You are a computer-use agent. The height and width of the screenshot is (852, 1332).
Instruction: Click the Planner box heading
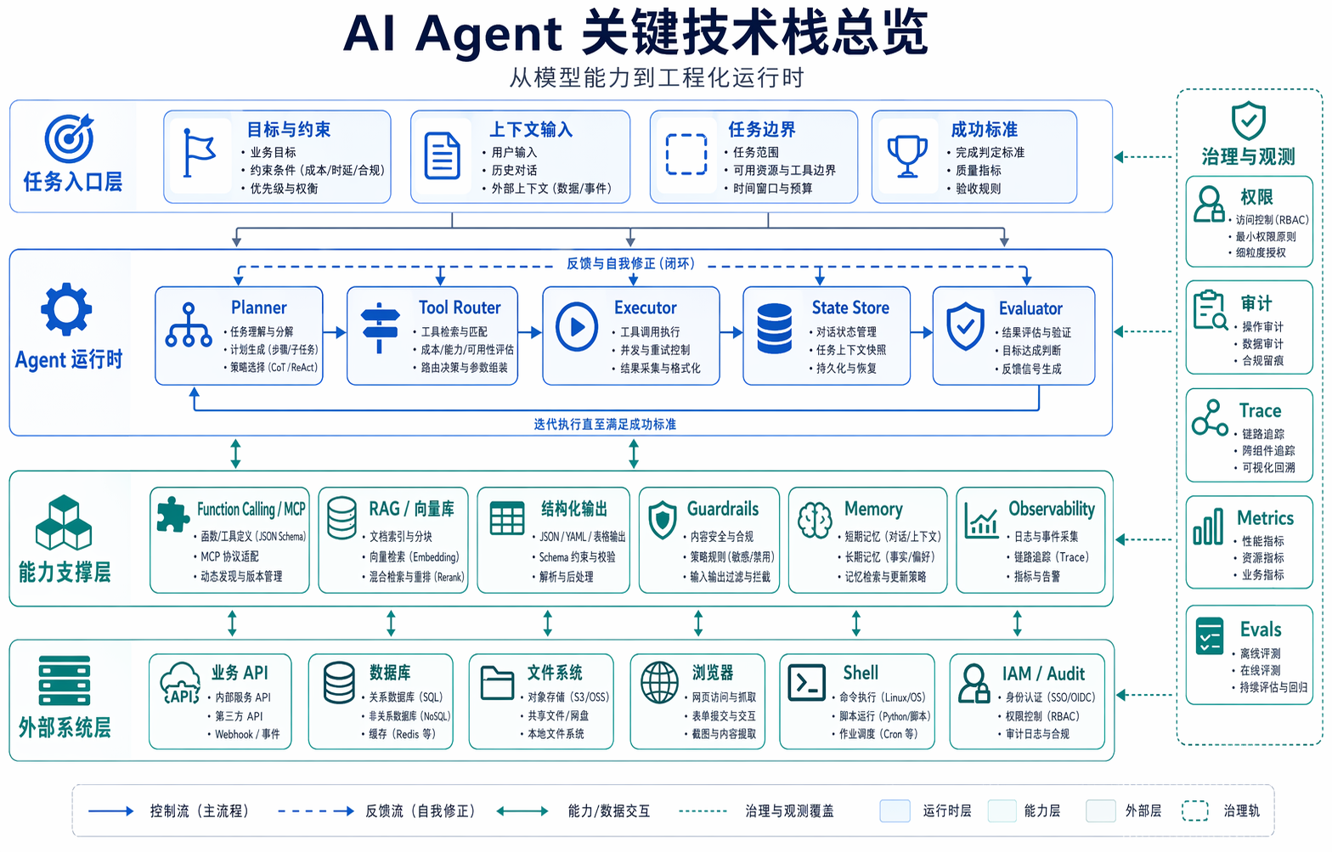258,308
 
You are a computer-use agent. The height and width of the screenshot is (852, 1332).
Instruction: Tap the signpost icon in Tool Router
380,328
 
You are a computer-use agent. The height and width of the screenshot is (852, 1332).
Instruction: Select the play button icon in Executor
577,327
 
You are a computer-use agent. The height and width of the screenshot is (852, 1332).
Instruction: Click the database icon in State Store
774,329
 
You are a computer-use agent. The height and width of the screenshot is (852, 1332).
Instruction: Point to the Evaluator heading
1030,308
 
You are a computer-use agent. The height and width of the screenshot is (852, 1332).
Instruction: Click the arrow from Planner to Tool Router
335,333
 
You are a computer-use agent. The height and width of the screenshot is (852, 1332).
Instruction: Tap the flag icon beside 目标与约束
200,155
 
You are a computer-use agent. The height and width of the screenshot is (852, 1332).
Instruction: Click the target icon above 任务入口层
69,138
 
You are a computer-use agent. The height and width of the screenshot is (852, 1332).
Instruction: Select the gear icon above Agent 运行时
66,309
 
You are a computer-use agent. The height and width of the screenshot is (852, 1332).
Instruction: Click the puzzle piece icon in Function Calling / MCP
172,514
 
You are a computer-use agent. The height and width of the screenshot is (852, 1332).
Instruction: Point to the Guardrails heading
723,509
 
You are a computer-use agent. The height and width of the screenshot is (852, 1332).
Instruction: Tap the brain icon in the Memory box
815,520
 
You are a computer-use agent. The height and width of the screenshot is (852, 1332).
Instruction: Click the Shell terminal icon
806,682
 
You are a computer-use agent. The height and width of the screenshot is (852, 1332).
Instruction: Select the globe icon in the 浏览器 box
659,683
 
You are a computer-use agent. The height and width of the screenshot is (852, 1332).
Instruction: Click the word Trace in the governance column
1260,411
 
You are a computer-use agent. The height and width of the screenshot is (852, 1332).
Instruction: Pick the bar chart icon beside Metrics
1208,527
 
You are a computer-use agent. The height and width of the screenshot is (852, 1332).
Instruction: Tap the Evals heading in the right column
1261,629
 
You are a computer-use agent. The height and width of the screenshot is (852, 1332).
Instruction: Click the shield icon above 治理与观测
1248,121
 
